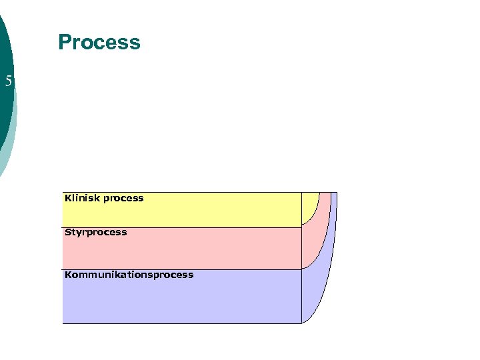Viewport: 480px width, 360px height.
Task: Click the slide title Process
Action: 99,43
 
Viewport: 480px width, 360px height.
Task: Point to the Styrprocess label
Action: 95,233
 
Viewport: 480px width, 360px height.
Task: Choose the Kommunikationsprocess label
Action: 129,275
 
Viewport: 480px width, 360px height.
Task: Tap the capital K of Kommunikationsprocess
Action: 68,275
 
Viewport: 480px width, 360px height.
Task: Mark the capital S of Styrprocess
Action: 68,233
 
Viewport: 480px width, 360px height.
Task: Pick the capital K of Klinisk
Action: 68,198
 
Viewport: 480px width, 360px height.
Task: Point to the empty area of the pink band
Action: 200,252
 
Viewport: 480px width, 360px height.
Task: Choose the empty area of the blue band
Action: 200,300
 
